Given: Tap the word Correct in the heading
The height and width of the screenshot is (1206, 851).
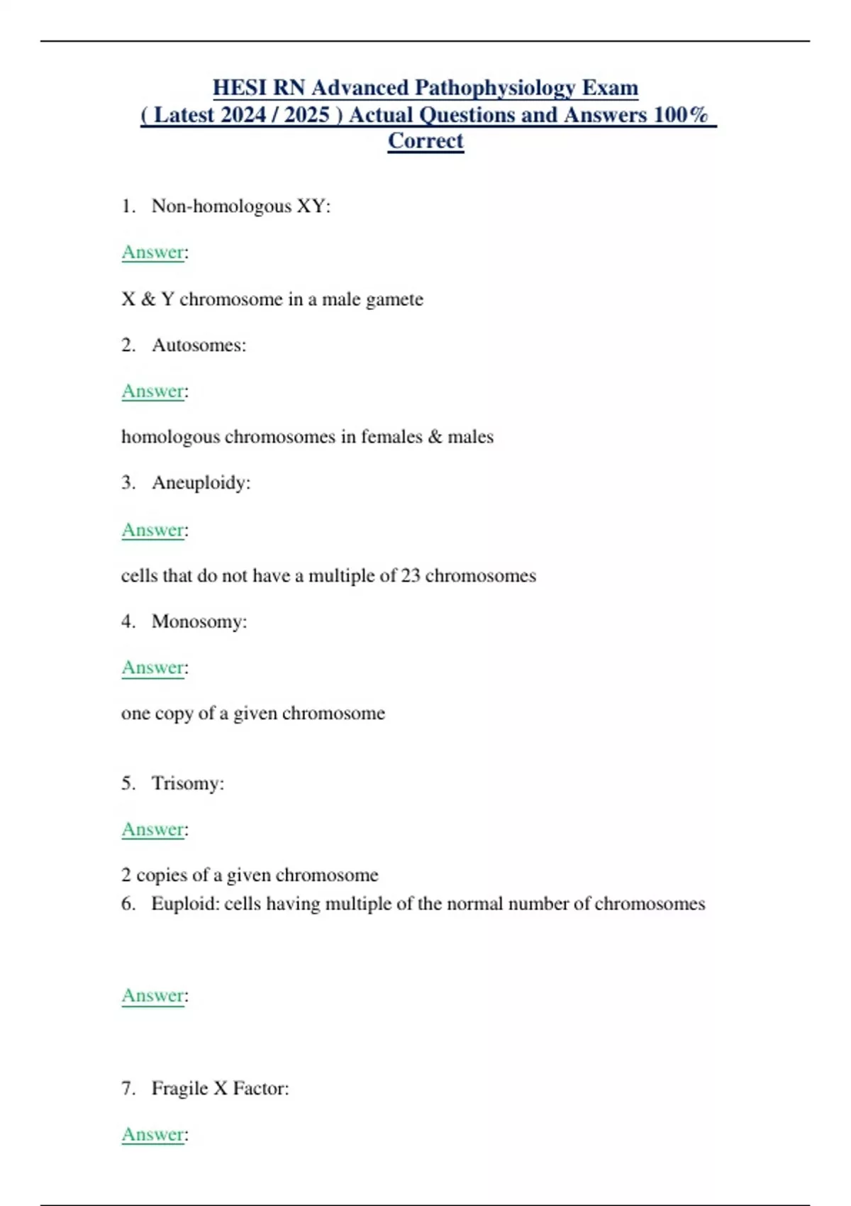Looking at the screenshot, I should coord(425,140).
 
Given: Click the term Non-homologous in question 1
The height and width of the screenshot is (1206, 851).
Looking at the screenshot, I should coord(221,206).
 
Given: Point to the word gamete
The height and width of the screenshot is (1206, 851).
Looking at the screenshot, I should coord(394,299).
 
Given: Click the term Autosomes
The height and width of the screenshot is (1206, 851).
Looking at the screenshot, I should coord(199,345).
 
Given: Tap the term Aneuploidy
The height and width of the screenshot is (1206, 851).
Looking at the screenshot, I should coord(201,482).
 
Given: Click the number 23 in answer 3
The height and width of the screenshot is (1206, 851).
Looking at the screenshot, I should coord(411,575).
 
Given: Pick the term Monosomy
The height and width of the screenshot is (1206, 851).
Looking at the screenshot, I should coord(199,621).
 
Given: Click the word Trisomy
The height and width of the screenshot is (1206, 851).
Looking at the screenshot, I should coord(187,783).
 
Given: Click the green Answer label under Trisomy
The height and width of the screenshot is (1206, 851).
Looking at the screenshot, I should coord(153,829).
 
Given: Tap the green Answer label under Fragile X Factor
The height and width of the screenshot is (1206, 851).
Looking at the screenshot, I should coord(153,1134).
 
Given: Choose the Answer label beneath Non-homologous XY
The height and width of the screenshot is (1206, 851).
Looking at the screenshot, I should coord(153,252).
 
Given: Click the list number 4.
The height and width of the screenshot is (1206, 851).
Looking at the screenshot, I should coord(128,621).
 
